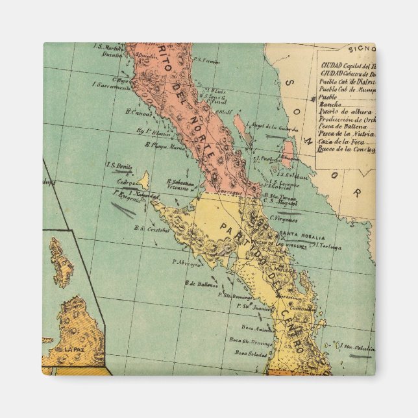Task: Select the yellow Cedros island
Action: click(143, 180)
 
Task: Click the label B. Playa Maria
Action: click(167, 147)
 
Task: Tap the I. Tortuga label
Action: click(327, 247)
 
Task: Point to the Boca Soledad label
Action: click(251, 353)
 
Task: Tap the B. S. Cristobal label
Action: click(151, 228)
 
